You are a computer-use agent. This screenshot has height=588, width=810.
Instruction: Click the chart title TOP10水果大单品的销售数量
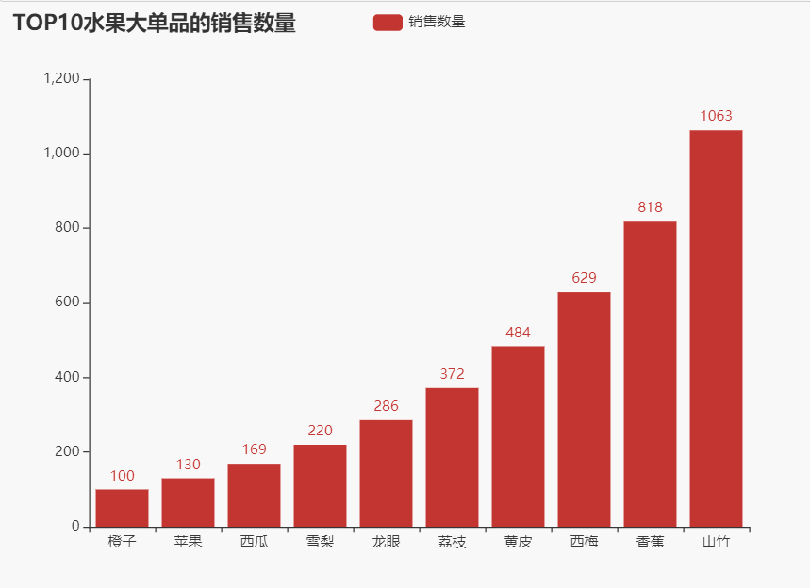coord(155,24)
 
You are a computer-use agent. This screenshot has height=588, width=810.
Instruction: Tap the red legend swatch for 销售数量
coord(388,22)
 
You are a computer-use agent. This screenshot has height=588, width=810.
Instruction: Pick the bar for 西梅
coord(584,409)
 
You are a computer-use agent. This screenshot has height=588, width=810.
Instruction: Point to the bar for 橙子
coord(122,508)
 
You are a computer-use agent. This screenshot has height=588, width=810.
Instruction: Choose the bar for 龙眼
coord(386,473)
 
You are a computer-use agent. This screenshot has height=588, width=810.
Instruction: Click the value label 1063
coord(716,116)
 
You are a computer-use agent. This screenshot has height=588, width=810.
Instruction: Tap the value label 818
coord(650,207)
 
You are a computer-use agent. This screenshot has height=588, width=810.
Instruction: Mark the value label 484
coord(518,332)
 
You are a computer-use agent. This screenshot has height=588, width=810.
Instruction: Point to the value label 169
coord(254,449)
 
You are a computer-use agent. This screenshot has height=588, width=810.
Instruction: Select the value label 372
coord(452,374)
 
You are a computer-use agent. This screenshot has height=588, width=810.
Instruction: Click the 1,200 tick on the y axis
coord(61,79)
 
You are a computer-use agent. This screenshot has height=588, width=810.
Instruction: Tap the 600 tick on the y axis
coord(67,302)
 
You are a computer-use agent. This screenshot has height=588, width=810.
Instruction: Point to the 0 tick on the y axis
coord(74,527)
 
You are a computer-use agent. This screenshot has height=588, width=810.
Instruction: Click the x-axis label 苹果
coord(188,542)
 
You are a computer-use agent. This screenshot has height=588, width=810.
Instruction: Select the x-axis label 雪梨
coord(320,542)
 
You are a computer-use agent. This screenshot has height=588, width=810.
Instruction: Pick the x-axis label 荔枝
coord(452,542)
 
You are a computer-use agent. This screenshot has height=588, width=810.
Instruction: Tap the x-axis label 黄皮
coord(518,542)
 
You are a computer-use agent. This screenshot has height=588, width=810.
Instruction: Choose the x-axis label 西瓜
coord(254,542)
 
